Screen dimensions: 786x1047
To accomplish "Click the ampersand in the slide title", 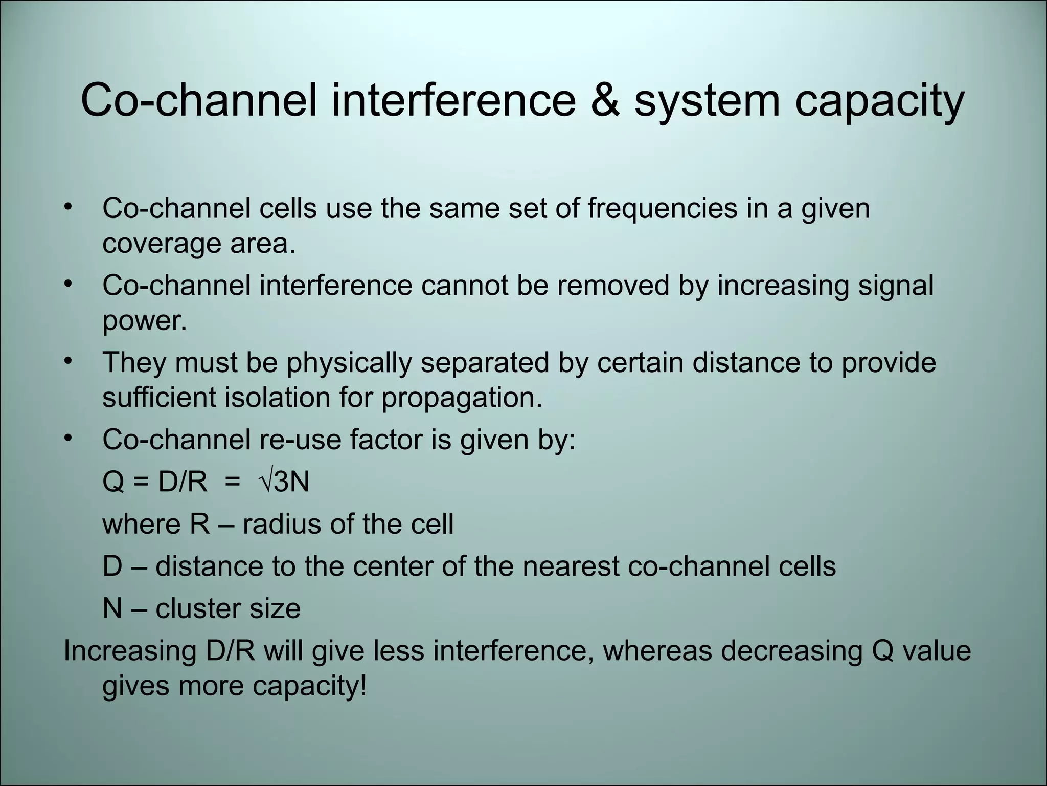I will click(x=605, y=100).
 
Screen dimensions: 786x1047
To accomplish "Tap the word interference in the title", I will click(x=453, y=100).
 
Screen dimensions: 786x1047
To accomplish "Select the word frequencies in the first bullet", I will click(x=662, y=209).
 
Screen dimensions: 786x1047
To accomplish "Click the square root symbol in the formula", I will click(x=266, y=482).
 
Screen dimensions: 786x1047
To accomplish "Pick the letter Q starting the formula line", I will click(x=113, y=482).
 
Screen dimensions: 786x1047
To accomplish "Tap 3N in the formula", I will click(x=292, y=482).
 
